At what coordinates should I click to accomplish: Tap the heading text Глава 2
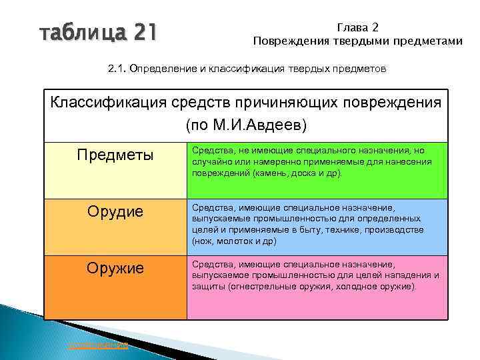[357, 27]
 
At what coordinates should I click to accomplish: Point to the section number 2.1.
[117, 69]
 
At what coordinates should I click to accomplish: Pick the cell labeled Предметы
[115, 155]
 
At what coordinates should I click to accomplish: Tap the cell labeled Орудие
[115, 213]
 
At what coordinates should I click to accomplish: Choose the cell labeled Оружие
[115, 269]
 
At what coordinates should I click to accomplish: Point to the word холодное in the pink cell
[360, 287]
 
